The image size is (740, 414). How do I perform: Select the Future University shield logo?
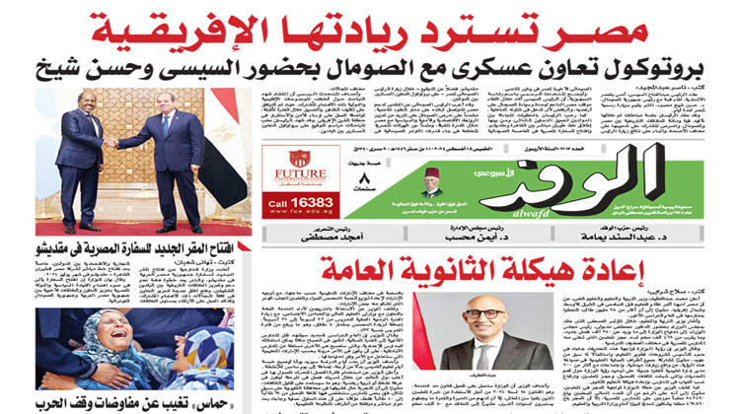pyautogui.click(x=298, y=158)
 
